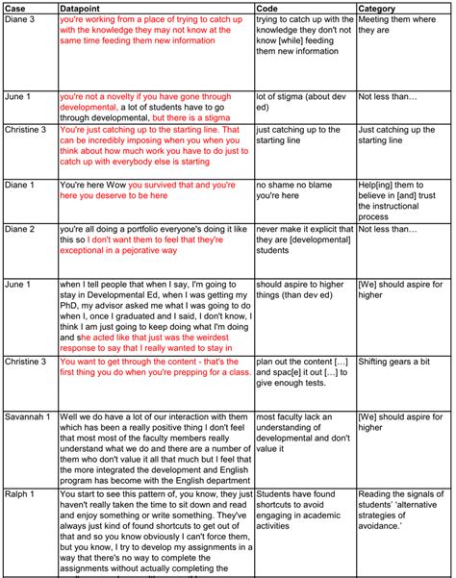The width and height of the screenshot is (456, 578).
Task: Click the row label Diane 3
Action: (22, 18)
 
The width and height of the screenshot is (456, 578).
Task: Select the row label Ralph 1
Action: (20, 493)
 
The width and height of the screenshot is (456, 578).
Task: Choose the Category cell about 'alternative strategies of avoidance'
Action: (396, 507)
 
